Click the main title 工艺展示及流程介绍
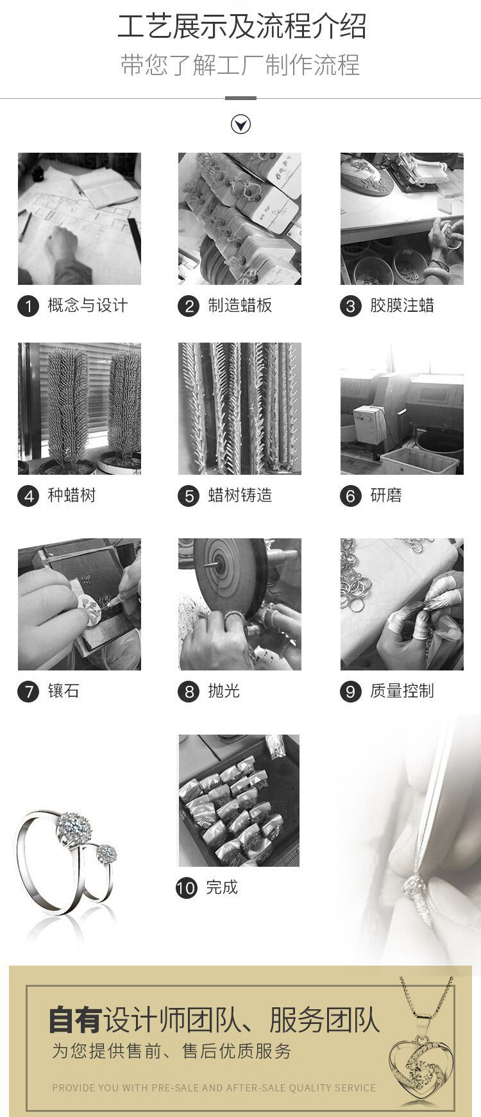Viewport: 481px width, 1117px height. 242,27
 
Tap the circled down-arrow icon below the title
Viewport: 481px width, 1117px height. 240,124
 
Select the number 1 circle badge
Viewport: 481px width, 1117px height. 28,306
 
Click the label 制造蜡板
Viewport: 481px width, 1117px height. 240,305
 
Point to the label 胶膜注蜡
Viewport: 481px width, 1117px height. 402,305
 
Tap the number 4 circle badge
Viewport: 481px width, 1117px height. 28,496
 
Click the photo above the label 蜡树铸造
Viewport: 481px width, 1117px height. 240,409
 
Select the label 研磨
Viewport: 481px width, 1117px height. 386,495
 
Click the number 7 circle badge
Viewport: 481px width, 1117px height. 28,692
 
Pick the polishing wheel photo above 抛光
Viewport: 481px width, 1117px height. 240,604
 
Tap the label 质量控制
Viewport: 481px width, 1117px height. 402,691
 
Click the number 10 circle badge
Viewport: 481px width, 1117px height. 187,888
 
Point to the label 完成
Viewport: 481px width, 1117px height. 222,887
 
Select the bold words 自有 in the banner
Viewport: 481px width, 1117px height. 76,1020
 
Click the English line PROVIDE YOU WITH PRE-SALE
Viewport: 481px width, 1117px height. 214,1088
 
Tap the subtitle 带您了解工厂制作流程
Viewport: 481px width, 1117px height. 240,65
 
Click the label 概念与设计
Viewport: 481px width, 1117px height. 88,305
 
